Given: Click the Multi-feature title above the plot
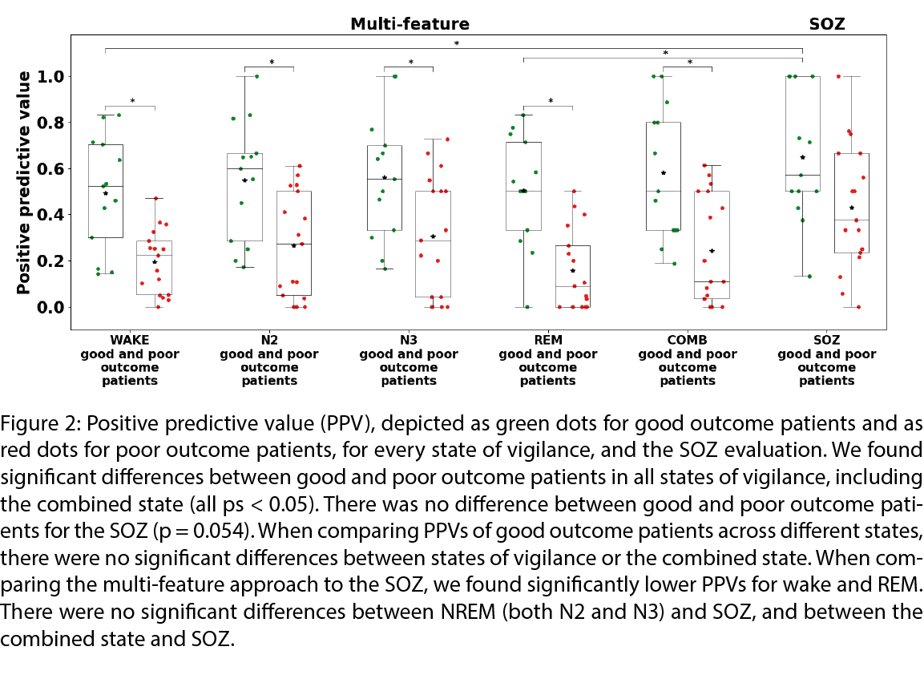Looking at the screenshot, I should (x=410, y=24).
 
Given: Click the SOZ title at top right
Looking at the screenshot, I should (x=827, y=24).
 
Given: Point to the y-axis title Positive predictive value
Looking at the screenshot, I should (x=25, y=183).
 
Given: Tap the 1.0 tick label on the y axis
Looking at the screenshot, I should (x=50, y=77).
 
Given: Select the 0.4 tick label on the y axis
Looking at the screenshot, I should (x=50, y=215).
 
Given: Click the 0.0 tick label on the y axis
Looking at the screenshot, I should (x=50, y=308).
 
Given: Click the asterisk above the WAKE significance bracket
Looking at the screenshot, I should (x=132, y=102).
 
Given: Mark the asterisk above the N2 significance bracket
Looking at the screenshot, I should (x=272, y=63).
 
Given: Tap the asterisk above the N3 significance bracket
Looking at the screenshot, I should (x=411, y=63).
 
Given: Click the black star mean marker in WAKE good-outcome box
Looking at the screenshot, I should (x=105, y=193).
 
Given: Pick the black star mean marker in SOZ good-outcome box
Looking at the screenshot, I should (x=802, y=157).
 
